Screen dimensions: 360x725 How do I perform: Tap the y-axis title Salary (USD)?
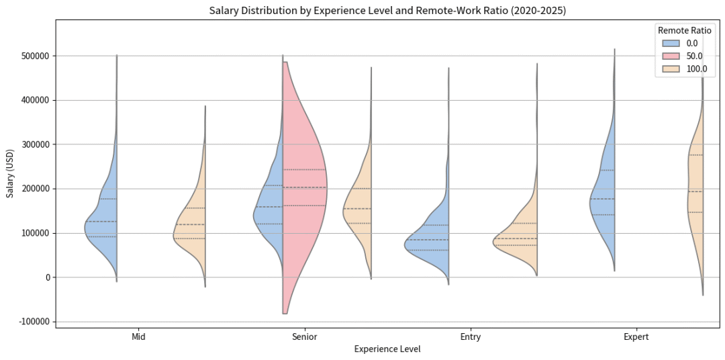(x=10, y=174)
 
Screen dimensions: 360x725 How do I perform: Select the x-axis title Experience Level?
(x=387, y=349)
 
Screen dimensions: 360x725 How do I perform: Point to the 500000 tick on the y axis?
(x=34, y=56)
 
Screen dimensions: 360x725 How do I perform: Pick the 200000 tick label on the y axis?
(x=34, y=189)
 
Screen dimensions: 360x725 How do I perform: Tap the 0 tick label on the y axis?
(x=47, y=277)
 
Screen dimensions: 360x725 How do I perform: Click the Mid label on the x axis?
(x=139, y=336)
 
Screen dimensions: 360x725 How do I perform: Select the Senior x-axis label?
(x=305, y=336)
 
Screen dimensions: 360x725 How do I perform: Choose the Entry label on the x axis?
(x=470, y=336)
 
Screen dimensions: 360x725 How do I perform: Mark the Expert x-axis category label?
(x=636, y=336)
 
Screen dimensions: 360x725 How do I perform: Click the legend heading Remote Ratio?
(x=684, y=30)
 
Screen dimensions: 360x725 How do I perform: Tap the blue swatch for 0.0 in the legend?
(x=669, y=44)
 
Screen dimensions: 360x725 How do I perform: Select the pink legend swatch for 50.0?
(x=669, y=56)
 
